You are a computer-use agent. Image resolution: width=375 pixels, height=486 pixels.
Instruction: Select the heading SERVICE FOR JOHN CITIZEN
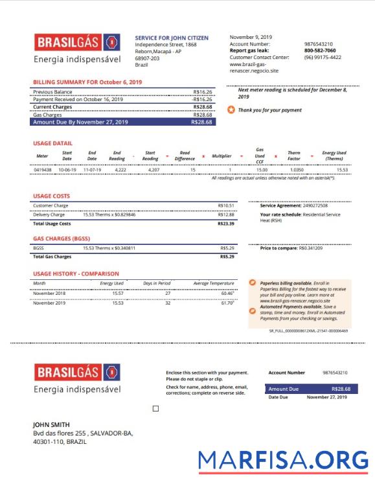(172, 38)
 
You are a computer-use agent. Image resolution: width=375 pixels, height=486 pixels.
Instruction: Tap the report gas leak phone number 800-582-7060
(319, 51)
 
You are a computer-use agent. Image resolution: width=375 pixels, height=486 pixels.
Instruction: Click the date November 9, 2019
(251, 37)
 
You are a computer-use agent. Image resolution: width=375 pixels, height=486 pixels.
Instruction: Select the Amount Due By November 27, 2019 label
(80, 122)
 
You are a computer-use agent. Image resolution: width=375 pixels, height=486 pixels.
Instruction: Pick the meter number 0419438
(43, 169)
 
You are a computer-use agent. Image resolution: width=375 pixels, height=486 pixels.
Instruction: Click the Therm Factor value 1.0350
(297, 169)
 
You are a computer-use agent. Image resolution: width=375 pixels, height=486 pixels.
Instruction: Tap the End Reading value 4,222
(119, 169)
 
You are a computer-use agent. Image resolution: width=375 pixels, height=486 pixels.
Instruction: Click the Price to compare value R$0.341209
(310, 248)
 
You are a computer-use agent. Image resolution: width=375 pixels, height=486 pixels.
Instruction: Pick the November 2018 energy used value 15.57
(118, 293)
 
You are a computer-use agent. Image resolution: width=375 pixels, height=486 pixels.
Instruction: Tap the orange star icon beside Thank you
(231, 110)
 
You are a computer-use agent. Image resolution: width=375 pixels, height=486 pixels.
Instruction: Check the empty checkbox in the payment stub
(155, 409)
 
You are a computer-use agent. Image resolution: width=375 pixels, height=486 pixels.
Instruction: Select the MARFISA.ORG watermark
(283, 460)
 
